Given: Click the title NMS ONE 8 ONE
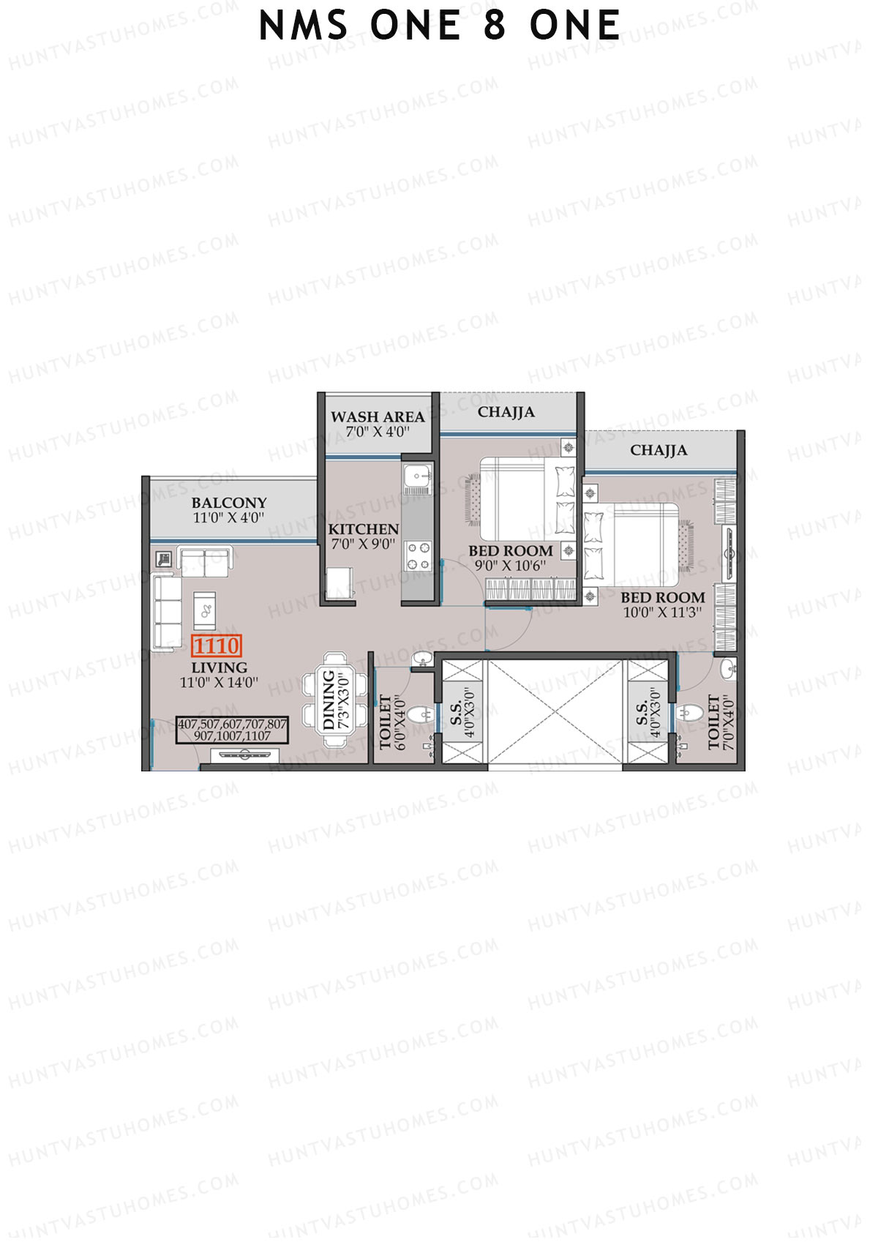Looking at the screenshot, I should point(440,26).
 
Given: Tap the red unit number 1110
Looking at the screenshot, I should point(217,646).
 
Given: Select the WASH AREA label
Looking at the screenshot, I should point(378,417).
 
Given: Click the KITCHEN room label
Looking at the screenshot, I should point(364,529).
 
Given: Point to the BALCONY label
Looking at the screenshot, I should point(229,503).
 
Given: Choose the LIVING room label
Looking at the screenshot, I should point(219,667).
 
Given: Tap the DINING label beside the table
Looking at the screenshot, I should point(329,700).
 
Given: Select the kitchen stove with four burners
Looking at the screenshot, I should point(419,555).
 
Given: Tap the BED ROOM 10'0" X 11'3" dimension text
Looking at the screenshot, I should point(662,613).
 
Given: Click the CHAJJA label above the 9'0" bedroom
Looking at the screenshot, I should point(506,412).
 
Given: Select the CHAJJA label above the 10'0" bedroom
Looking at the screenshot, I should point(658,450).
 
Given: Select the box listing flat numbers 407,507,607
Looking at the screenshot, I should point(233,730).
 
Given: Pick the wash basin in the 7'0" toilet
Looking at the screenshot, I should point(727,670).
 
